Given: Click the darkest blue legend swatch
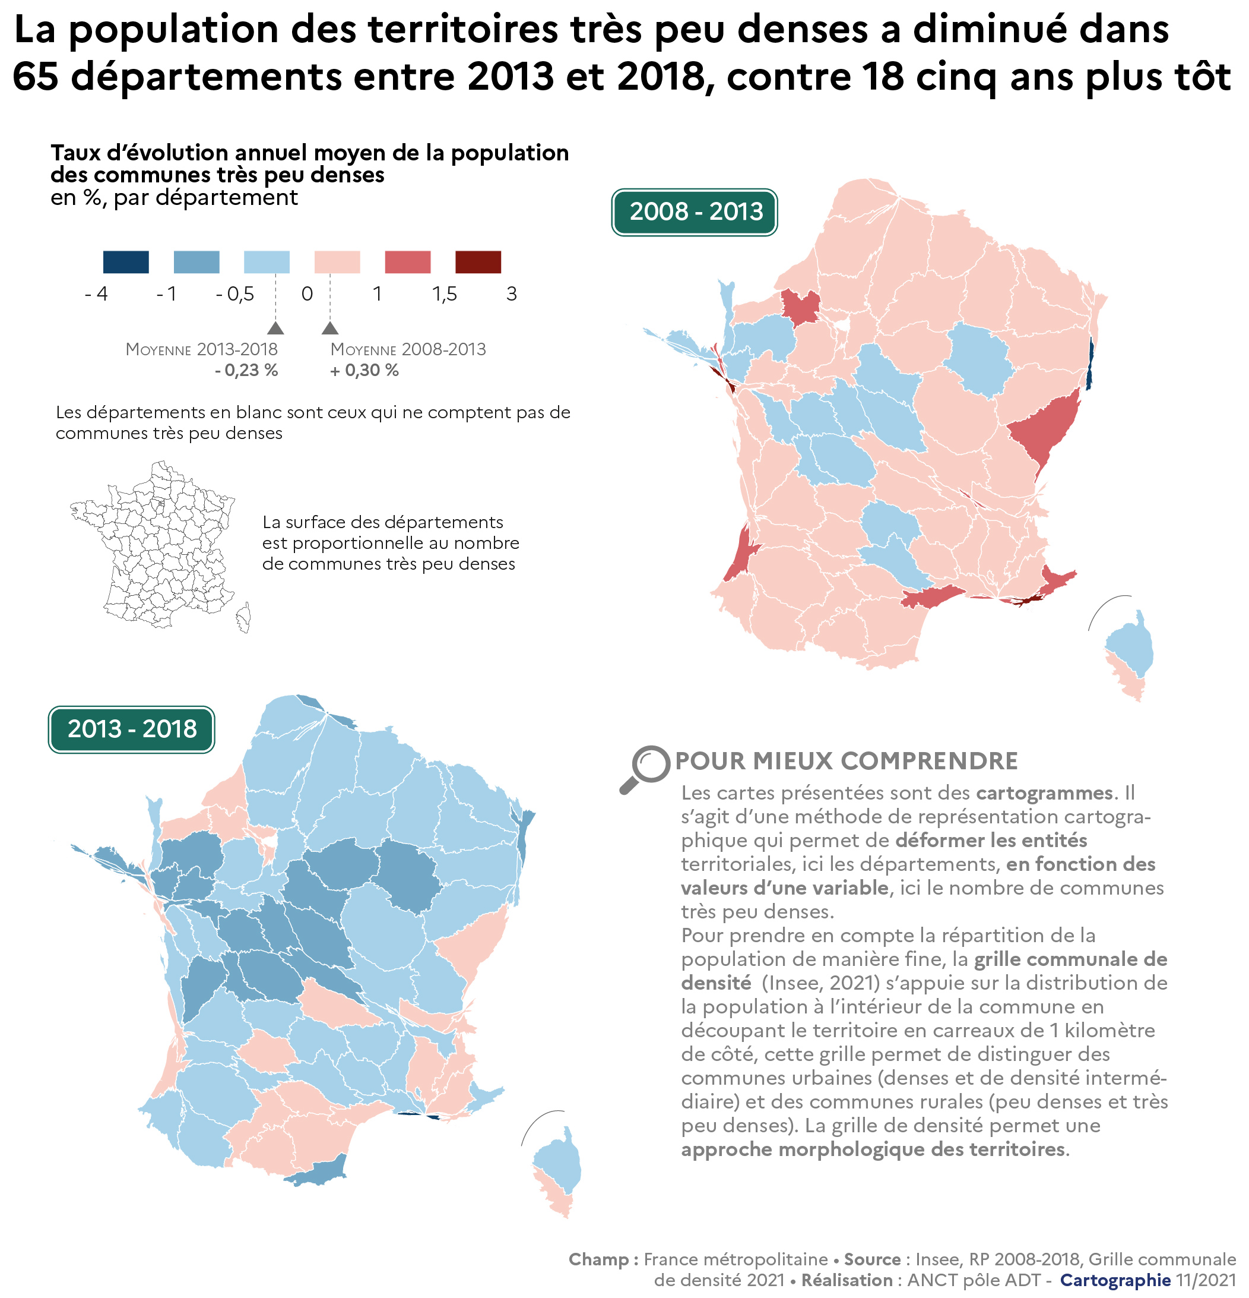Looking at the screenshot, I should (x=126, y=261).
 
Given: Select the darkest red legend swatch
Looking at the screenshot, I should (x=478, y=261).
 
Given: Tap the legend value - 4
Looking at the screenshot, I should (x=97, y=293).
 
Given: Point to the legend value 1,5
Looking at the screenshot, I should (x=445, y=293).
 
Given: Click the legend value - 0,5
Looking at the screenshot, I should (x=235, y=293).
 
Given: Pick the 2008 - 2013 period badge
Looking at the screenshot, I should (x=695, y=212).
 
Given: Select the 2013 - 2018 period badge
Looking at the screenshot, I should (x=132, y=729).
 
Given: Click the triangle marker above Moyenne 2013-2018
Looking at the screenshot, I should (x=275, y=328).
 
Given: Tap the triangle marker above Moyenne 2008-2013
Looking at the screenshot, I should (x=330, y=328).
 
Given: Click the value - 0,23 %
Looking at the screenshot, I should (x=246, y=370).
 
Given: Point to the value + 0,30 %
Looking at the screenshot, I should (x=364, y=370).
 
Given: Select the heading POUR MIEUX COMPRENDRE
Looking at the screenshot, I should (x=846, y=762).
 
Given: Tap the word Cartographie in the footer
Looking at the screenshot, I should (x=1115, y=1280).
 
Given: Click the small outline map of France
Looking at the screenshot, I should (x=159, y=547).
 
